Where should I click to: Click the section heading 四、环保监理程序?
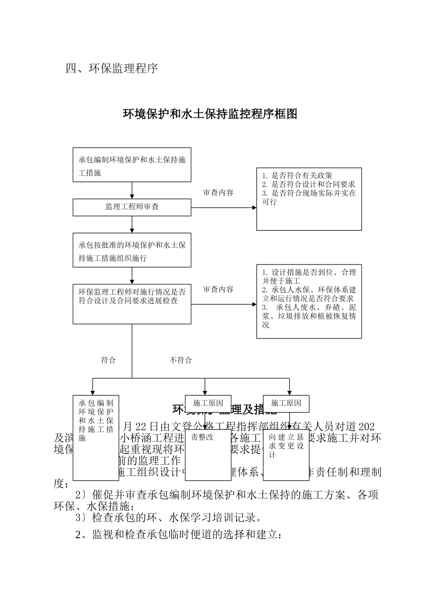tap(112, 69)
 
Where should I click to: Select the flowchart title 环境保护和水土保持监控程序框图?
tap(210, 114)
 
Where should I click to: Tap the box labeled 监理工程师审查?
tap(132, 207)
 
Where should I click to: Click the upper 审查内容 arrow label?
tap(218, 193)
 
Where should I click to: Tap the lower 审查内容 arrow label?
tap(218, 289)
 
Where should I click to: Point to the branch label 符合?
tap(108, 360)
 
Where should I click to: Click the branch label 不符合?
tap(181, 360)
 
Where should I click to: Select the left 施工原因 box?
tap(208, 403)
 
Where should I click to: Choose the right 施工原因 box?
tap(286, 403)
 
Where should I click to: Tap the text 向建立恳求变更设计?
tap(286, 445)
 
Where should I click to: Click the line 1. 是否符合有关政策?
tap(297, 175)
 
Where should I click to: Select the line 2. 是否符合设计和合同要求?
tap(309, 184)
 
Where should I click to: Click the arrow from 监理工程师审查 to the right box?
tap(224, 207)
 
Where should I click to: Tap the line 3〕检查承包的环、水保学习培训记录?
tap(169, 518)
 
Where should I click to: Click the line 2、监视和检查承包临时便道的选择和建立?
tap(178, 535)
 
